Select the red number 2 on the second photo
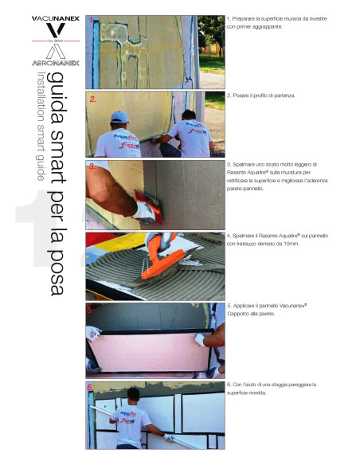pos(93,100)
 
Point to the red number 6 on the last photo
pos(91,389)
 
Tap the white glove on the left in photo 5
pos(93,334)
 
